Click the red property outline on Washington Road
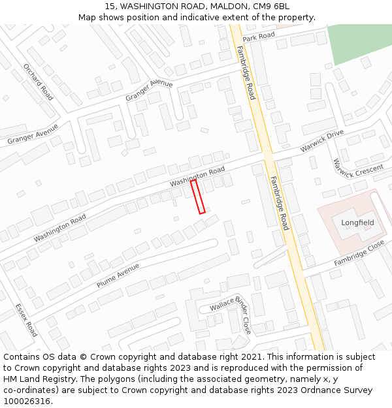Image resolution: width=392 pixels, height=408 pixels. (x=198, y=196)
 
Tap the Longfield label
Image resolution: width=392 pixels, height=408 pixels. (x=357, y=223)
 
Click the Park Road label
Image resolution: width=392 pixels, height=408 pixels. (x=258, y=37)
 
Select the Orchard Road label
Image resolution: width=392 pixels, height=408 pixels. (x=39, y=82)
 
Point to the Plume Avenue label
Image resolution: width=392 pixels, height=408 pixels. (x=118, y=275)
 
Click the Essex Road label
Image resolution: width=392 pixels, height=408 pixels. (x=26, y=319)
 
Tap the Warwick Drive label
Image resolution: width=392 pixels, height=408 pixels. (x=321, y=141)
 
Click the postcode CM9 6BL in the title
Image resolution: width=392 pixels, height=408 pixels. (x=270, y=7)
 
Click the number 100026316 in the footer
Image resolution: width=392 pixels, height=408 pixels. (x=28, y=401)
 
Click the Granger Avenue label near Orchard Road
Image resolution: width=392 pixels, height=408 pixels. (x=33, y=134)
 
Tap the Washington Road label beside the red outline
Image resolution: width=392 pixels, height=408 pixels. (x=197, y=177)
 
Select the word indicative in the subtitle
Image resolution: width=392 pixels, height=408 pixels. (x=184, y=17)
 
